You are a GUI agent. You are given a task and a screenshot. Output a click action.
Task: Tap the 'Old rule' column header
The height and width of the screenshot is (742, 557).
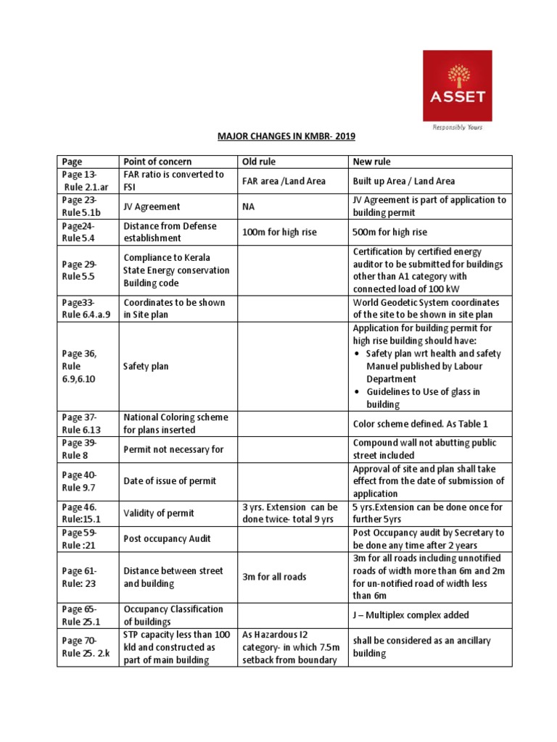259,162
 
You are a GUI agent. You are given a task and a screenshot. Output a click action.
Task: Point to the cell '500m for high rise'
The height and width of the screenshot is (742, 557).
389,232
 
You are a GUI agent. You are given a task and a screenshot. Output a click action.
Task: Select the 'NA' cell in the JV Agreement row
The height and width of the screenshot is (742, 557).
249,206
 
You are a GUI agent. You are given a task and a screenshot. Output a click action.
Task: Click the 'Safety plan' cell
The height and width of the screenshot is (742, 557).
146,367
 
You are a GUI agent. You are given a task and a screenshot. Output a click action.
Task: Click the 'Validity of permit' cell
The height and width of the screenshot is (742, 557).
159,514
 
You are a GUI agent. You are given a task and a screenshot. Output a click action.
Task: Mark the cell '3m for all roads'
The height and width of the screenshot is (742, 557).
274,578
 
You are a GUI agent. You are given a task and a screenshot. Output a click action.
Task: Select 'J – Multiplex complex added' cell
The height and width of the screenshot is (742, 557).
410,615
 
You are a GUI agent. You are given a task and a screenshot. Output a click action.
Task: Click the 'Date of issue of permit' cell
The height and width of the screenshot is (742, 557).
170,481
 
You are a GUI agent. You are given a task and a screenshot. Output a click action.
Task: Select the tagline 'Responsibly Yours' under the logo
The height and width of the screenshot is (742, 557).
458,127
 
